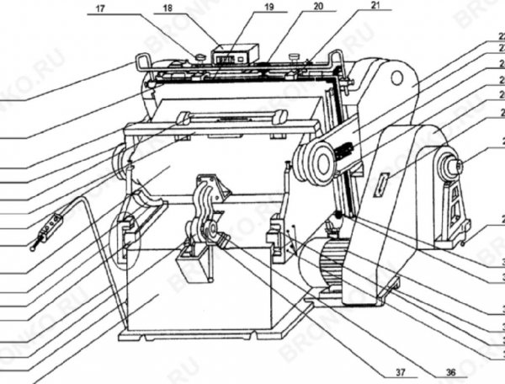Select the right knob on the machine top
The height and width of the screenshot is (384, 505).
point(295,57)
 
